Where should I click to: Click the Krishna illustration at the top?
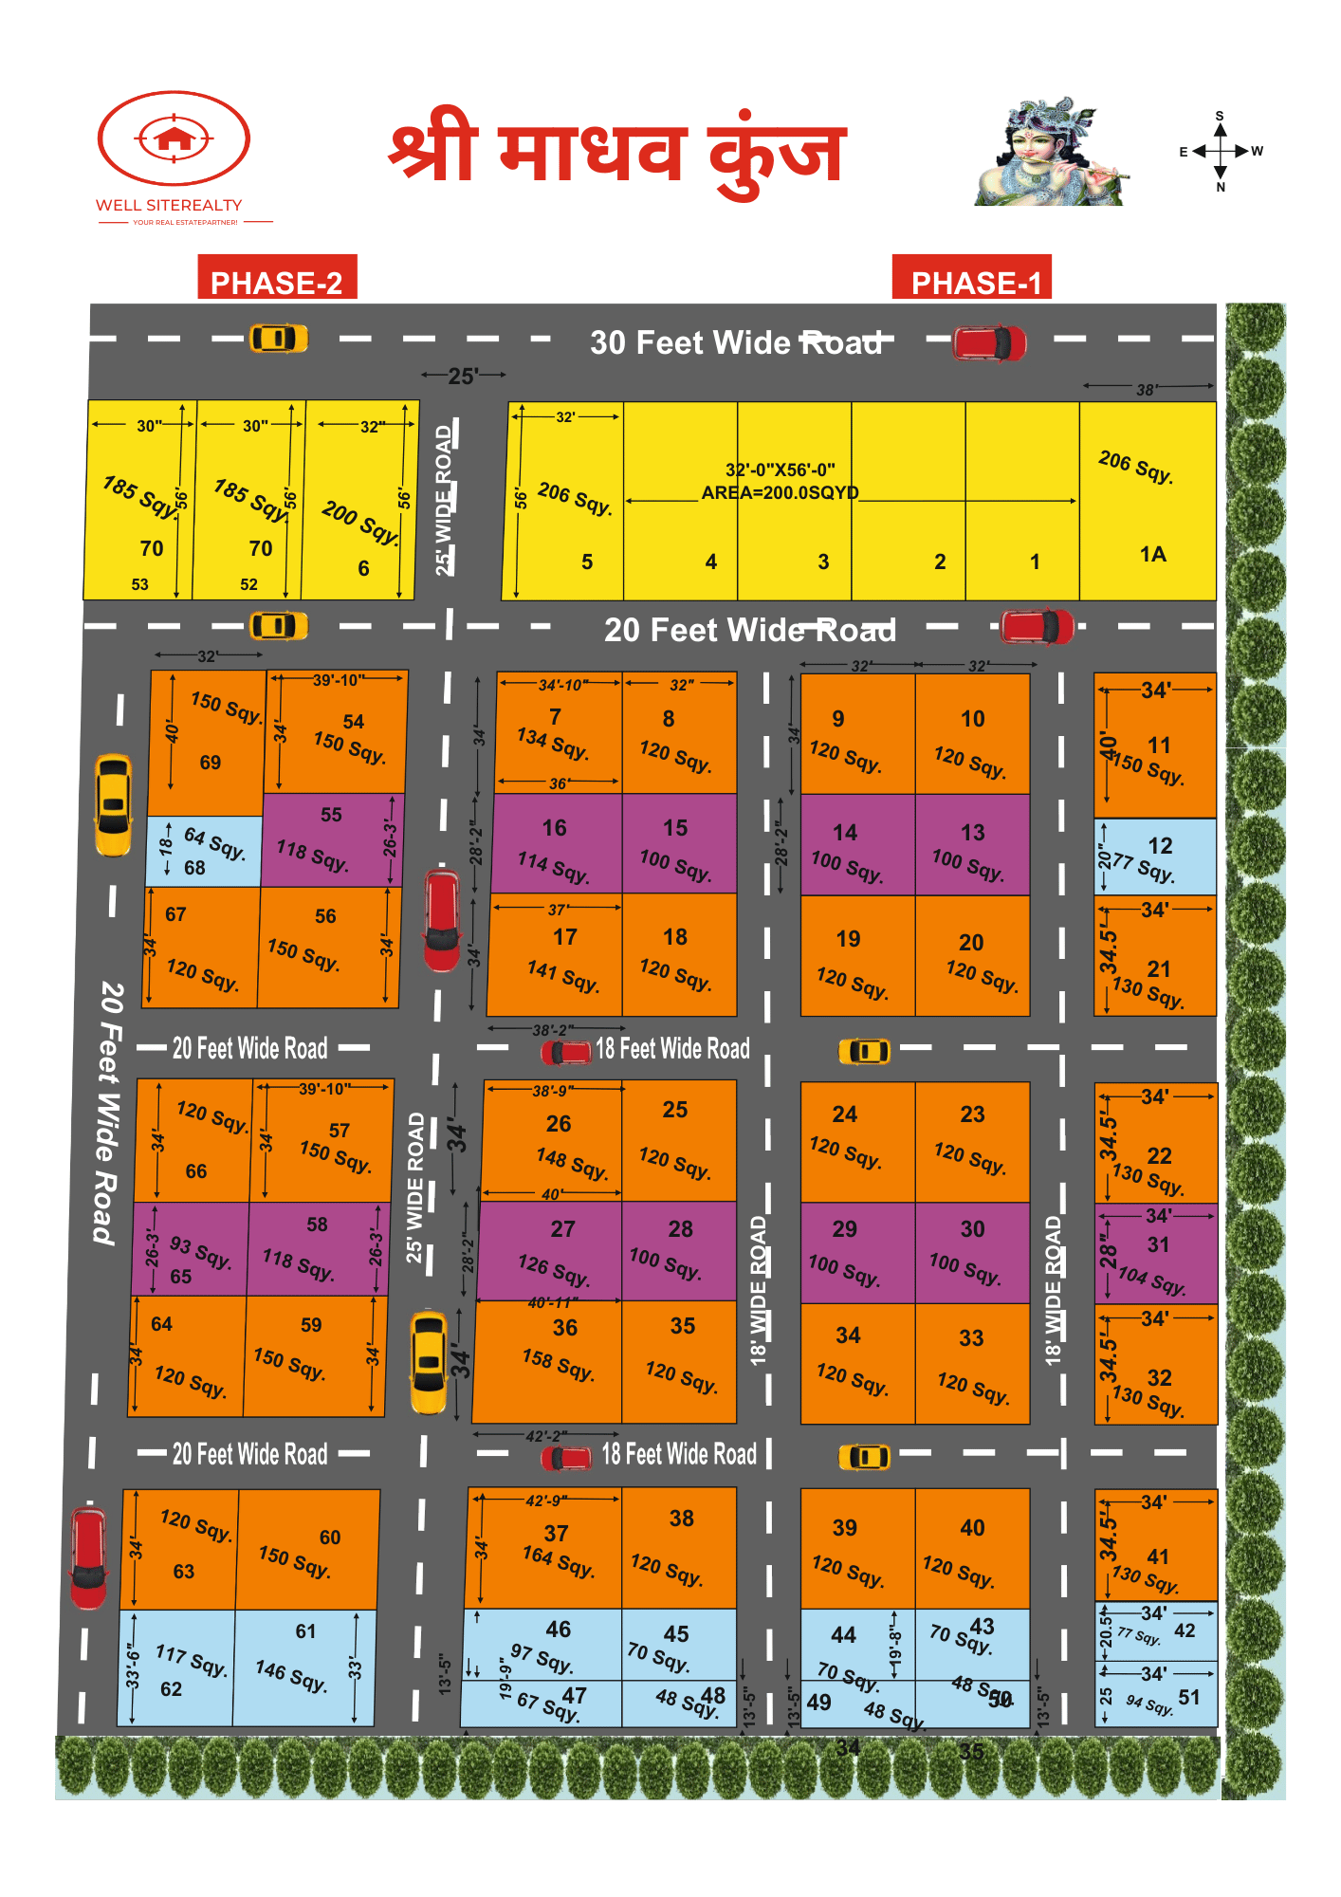tap(1051, 152)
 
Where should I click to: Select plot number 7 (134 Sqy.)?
tap(558, 735)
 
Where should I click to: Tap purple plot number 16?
tap(557, 844)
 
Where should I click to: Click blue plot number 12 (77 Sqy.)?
tap(1155, 856)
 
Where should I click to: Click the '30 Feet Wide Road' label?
tap(736, 342)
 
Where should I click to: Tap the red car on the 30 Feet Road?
tap(989, 343)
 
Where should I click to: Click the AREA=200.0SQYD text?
tap(780, 493)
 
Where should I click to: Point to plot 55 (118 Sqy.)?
tap(332, 839)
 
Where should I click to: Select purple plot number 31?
tap(1155, 1257)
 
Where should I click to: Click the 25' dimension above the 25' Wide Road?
tap(463, 377)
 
